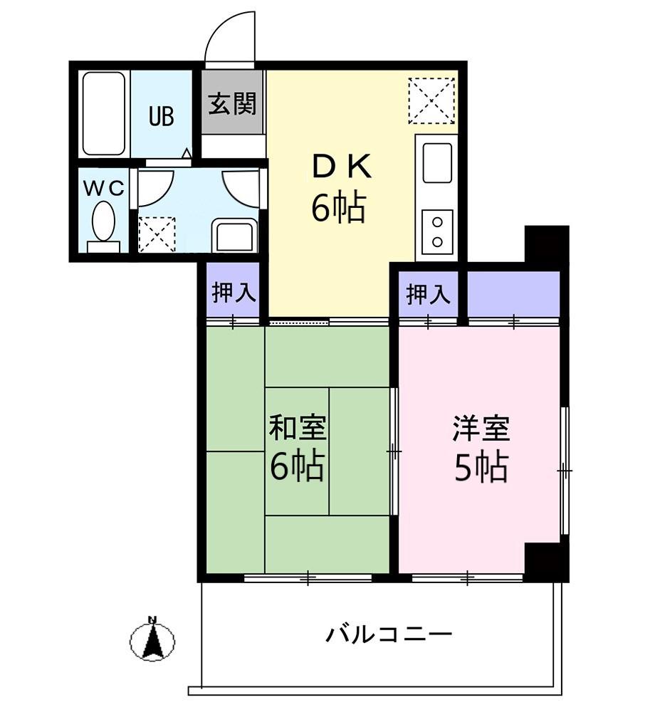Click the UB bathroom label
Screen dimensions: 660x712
coord(162,116)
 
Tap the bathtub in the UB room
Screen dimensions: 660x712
coord(104,114)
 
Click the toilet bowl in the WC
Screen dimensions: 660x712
coord(103,221)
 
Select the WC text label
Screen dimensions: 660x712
coord(104,188)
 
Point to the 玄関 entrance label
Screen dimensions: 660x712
coord(232,103)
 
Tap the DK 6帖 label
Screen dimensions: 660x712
coord(340,187)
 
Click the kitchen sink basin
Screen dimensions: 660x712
coord(437,162)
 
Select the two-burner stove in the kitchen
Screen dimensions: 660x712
coord(437,231)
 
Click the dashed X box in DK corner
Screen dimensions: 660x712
coord(431,101)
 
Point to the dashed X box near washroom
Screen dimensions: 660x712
coord(157,234)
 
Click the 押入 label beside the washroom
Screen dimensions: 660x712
coord(234,293)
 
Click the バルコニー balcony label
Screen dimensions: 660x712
coord(389,634)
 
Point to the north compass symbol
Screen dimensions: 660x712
coord(152,639)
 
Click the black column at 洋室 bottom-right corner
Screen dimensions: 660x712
coord(546,561)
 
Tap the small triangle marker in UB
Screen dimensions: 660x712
coord(186,153)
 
